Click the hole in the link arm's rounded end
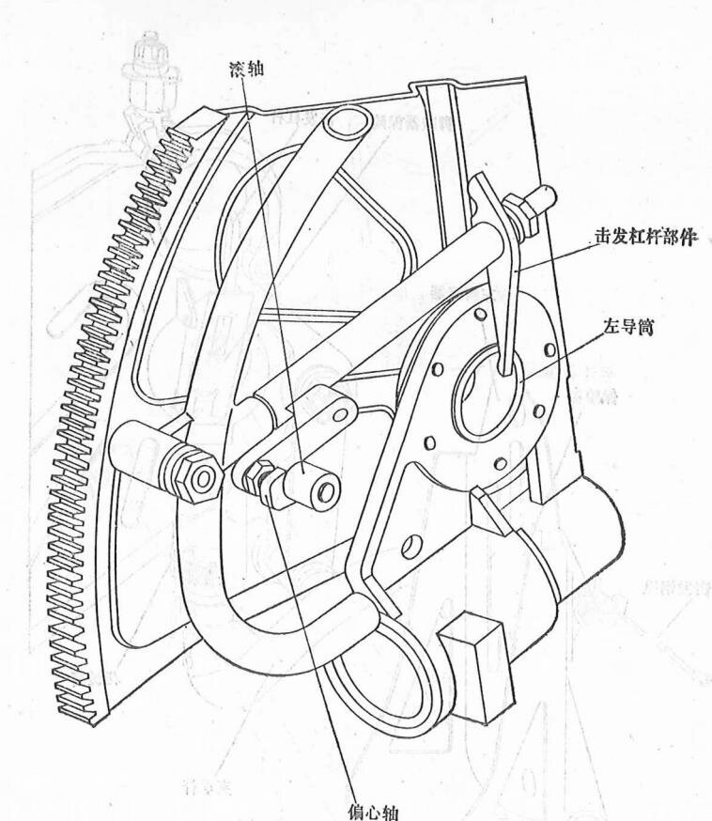point(335,410)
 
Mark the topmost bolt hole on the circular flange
point(480,315)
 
